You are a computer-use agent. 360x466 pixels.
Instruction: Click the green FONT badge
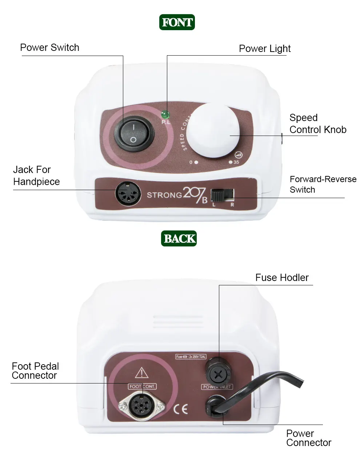coord(177,22)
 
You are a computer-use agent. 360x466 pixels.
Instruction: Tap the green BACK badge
coord(179,238)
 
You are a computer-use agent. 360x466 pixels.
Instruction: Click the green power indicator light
coord(165,115)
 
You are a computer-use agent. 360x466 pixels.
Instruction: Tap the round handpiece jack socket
coord(128,193)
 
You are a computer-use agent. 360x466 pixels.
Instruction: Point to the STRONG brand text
coord(164,195)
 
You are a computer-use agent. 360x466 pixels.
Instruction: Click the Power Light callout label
coord(264,49)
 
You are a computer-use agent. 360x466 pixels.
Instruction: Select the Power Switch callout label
coord(49,48)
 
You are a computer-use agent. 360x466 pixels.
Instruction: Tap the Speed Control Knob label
coord(317,124)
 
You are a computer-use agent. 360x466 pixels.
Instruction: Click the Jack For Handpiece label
coord(36,176)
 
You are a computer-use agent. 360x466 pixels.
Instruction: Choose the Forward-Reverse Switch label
coord(323,184)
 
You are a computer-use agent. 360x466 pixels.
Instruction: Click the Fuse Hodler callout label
coord(282,278)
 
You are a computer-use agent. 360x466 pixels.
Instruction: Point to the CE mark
coord(180,409)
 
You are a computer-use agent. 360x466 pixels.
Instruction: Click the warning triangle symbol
coord(141,373)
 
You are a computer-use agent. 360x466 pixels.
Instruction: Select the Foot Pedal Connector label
coord(35,371)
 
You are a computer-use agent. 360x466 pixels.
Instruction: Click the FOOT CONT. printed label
coord(142,386)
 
